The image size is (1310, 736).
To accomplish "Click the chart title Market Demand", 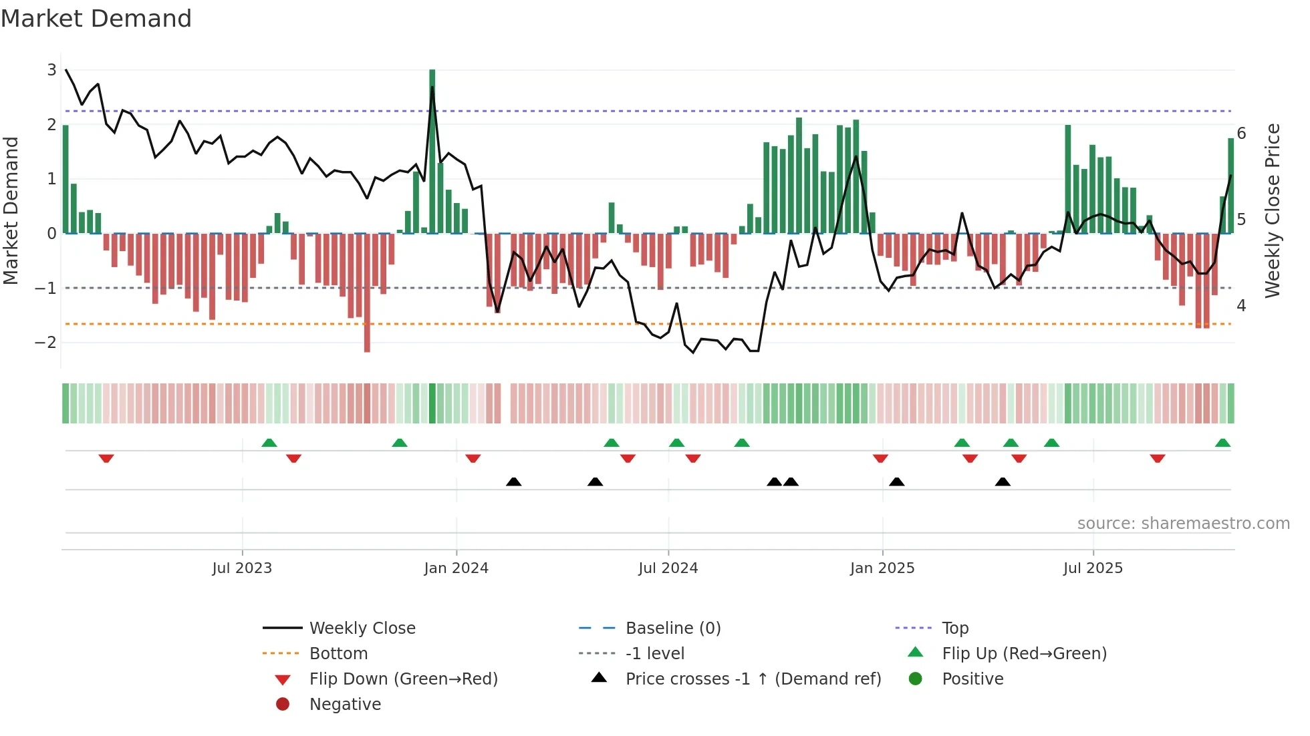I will (x=96, y=19).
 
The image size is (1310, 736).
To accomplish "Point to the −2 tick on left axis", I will (x=46, y=343).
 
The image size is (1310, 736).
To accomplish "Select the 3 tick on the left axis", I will (x=51, y=69).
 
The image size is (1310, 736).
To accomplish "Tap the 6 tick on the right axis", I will (x=1241, y=134).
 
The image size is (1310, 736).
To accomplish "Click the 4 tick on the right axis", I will (x=1241, y=305).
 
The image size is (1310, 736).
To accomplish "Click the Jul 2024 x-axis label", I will (x=668, y=568).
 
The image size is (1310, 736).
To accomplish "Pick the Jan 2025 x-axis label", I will (x=882, y=568).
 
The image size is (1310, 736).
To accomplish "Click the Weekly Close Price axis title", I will (x=1273, y=210).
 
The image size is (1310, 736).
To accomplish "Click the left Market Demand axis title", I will (x=11, y=210).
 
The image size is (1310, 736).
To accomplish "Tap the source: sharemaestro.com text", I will (x=1183, y=524).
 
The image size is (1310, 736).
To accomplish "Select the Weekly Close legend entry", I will (x=362, y=628).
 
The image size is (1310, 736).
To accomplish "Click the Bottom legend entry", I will (x=338, y=654).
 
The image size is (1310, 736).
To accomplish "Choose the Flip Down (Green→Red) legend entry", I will (x=403, y=679).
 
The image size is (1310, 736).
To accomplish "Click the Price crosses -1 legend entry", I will (x=753, y=679).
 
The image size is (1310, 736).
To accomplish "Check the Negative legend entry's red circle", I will (x=283, y=705).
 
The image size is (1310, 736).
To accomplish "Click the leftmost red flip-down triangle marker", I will (x=106, y=458).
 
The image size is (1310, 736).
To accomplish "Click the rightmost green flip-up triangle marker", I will (x=1222, y=443).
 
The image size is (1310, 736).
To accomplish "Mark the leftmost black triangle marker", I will (x=513, y=482).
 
